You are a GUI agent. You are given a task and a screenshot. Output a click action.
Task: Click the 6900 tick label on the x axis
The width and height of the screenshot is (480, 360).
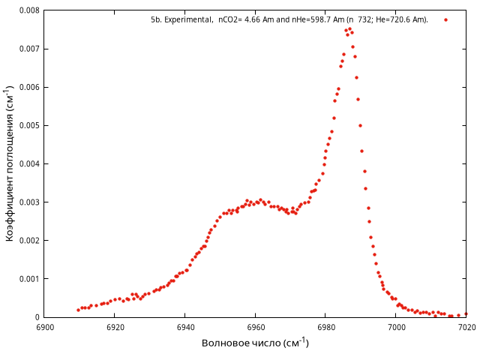44,327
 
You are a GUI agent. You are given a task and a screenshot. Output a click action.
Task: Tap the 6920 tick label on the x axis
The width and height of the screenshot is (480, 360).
115,327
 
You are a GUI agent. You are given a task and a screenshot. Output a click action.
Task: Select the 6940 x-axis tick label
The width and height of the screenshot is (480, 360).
185,327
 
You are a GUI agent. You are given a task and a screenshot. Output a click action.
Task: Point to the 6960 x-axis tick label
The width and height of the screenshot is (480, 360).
255,327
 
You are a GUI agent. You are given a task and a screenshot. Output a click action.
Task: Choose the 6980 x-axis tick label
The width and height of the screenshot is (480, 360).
325,327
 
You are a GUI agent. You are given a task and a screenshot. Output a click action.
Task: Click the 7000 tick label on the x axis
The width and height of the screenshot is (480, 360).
396,327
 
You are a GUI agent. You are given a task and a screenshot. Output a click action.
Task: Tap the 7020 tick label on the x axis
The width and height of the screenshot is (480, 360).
466,327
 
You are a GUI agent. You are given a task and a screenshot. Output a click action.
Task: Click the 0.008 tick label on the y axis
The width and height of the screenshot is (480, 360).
28,10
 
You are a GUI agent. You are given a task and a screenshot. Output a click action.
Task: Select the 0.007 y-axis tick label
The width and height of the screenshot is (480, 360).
28,49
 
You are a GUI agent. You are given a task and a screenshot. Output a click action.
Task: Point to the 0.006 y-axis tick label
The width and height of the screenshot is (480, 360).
28,87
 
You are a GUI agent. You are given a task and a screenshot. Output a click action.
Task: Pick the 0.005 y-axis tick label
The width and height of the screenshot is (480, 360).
28,125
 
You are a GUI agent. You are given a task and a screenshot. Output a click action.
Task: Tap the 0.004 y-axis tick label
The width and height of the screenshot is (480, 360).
28,163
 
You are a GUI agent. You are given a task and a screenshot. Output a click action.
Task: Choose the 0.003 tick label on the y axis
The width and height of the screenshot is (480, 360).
28,202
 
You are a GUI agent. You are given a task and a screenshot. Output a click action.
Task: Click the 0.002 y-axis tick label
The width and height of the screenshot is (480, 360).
28,240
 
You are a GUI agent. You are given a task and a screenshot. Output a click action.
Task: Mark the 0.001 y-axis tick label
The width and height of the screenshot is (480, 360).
28,278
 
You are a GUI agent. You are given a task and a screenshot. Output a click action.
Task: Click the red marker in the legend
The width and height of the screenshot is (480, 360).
445,20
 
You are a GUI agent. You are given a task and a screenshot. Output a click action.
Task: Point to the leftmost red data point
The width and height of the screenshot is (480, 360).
78,310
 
